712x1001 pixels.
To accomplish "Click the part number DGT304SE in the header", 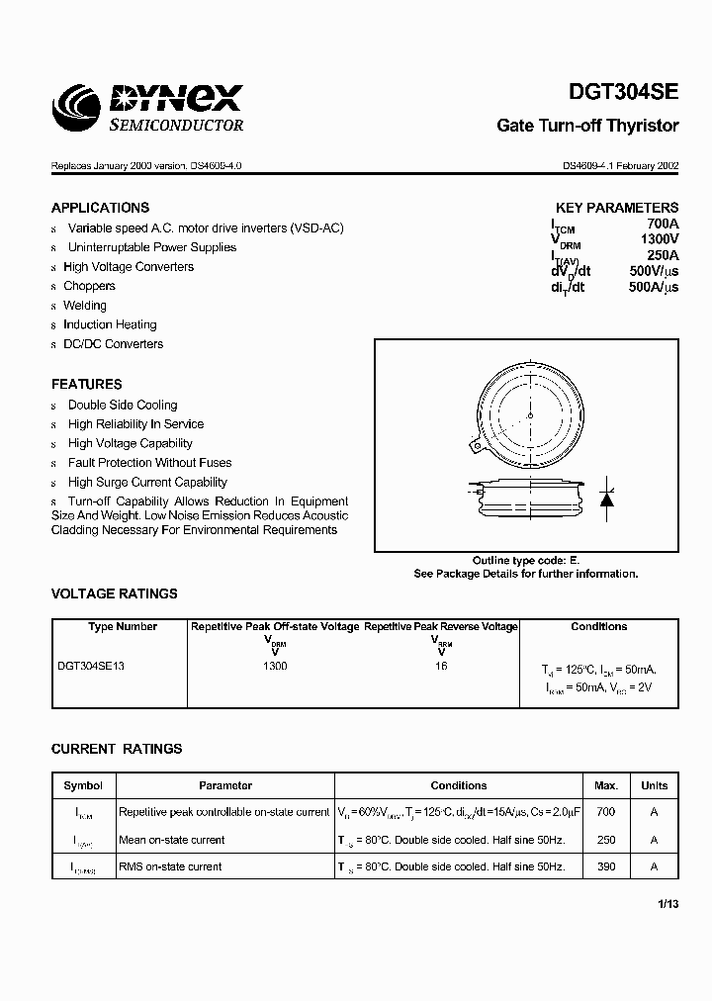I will pos(623,94).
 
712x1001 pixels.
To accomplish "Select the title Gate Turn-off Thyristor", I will pos(586,126).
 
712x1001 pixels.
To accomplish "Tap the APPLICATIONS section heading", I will pos(100,208).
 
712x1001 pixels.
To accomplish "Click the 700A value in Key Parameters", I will pos(662,224).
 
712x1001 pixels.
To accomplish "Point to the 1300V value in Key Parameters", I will pos(659,239).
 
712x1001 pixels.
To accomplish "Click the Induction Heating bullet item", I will pos(110,324).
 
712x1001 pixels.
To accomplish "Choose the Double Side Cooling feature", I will pos(123,405).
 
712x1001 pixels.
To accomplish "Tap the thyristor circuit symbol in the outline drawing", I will pos(606,498).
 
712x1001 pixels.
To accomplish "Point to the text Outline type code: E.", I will pos(525,560).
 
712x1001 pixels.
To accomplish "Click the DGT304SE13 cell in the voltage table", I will pos(91,667).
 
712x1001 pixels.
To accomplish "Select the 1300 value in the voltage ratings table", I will pos(275,667).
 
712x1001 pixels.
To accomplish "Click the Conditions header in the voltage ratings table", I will pos(598,626).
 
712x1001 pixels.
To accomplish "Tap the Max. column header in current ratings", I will pos(606,785).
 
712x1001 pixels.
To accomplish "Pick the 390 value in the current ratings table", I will pos(606,866).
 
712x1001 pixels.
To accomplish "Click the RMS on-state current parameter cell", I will pos(170,866).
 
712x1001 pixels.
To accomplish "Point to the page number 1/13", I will pos(667,903).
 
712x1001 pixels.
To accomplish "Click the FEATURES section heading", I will pos(87,384).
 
